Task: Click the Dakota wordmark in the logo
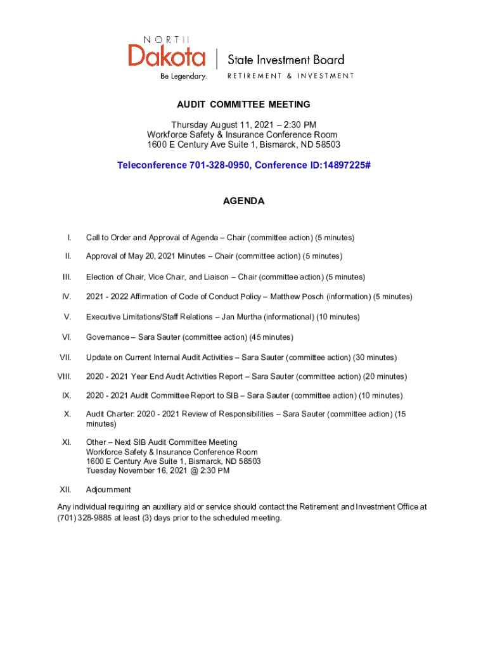coord(167,55)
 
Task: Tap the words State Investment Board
coord(286,60)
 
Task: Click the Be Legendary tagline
coord(184,76)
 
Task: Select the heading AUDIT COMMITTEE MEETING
coord(244,105)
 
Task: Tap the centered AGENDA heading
coord(244,201)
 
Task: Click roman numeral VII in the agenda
coord(65,357)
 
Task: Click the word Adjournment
coord(108,489)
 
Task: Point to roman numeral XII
coord(65,489)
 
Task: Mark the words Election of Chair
coord(115,277)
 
